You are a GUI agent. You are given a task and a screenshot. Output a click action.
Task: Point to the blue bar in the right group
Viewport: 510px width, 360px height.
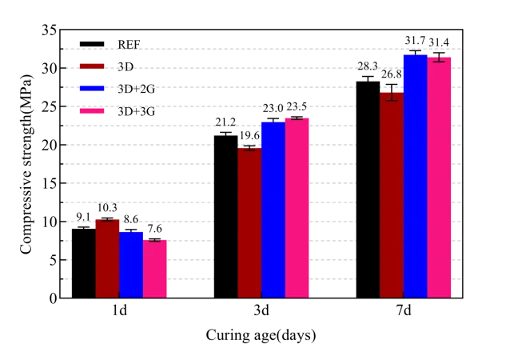tap(415, 176)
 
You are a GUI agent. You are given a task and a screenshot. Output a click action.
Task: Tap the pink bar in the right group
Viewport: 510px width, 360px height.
tap(439, 176)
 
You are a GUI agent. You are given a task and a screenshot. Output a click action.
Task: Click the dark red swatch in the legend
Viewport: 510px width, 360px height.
tap(92, 66)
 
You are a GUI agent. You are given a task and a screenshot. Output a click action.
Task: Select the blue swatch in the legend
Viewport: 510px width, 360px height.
tap(92, 88)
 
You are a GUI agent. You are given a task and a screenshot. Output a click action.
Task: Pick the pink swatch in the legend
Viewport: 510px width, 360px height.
tap(92, 109)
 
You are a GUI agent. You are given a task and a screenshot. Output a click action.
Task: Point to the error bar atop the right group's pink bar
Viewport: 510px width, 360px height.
tap(439, 54)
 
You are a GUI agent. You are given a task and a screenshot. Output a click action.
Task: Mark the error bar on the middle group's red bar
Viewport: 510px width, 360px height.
tap(249, 147)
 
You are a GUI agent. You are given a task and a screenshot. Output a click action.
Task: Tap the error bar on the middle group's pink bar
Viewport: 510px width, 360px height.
tap(297, 116)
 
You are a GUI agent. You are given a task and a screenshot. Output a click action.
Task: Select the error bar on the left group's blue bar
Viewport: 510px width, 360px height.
tap(131, 230)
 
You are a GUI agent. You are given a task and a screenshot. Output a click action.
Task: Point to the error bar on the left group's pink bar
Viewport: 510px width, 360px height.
tap(155, 238)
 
